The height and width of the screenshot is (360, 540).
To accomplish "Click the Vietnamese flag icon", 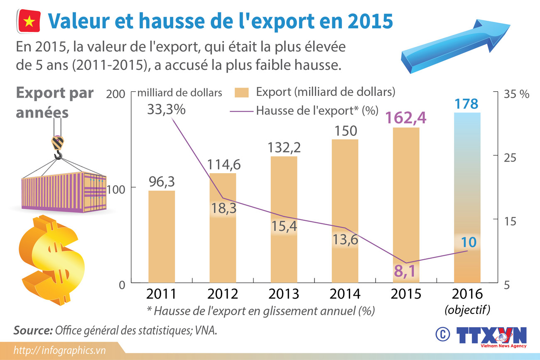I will [29, 22].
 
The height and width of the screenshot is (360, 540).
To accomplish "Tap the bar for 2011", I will [162, 237].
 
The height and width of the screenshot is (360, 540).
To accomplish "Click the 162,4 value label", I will [406, 118].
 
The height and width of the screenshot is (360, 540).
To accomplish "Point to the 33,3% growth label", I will [166, 110].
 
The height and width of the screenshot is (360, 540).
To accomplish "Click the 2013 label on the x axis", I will [284, 294].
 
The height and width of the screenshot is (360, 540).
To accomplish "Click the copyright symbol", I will [443, 334].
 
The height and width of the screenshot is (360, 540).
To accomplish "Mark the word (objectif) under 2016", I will [467, 310].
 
